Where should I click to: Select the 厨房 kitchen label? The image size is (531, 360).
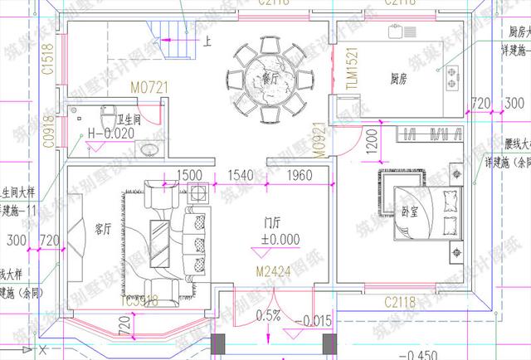point(398,80)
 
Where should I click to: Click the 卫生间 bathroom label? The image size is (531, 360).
point(127,119)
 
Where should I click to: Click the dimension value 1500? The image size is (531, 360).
point(190,175)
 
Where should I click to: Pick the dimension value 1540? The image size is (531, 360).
point(241,175)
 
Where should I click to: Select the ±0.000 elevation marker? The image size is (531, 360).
point(278,239)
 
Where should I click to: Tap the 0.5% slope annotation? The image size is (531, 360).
point(269,315)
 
